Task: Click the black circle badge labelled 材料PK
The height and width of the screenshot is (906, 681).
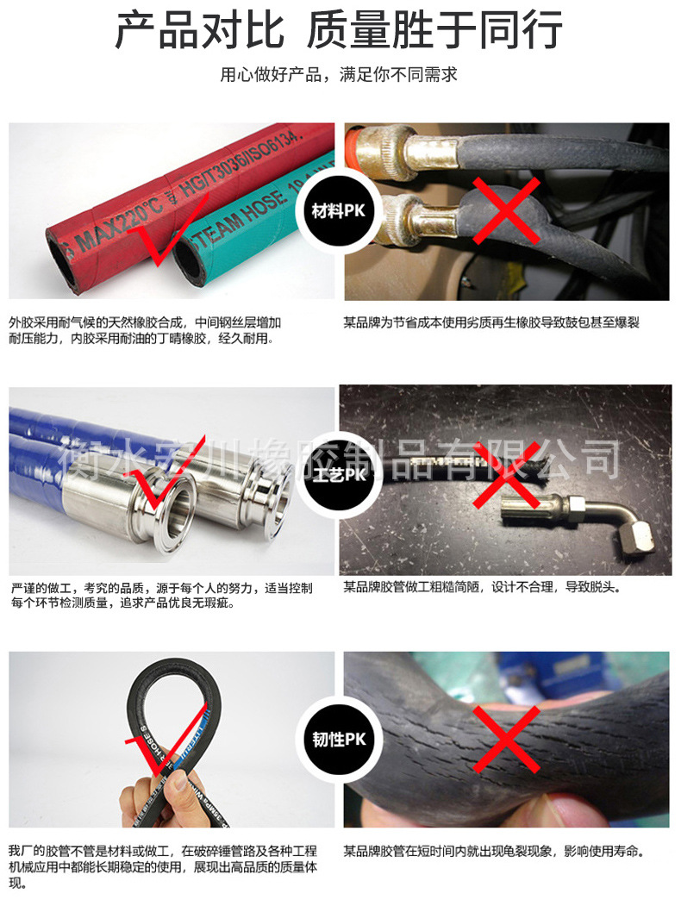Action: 339,211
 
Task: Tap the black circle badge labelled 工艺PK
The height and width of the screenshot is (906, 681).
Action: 339,475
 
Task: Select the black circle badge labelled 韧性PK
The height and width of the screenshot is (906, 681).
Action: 339,739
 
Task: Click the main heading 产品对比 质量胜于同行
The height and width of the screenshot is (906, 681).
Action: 340,30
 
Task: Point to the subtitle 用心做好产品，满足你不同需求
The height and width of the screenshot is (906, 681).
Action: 339,75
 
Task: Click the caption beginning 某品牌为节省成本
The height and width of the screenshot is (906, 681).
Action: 491,322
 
